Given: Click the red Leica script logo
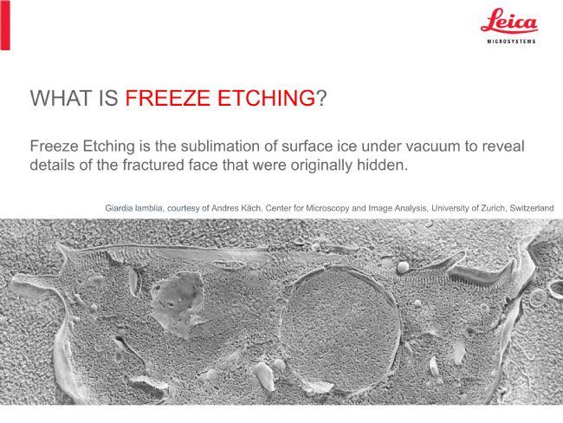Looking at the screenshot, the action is coord(509,21).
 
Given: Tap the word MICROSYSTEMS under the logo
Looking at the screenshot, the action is coord(511,42).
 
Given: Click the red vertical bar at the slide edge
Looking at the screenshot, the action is coord(5,25).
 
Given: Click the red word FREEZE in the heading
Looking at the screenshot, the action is coord(167,98).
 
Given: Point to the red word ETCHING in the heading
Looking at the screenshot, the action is coord(267,98).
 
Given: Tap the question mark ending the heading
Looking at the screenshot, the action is coord(321,98).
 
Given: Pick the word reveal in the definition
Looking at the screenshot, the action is coord(503,146).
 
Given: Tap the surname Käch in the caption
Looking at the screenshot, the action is coord(253,208).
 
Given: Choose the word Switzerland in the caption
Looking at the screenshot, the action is coord(532,208).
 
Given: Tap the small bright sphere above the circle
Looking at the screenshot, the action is coord(403,267).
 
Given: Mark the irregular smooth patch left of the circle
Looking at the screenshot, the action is coord(178,302).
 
